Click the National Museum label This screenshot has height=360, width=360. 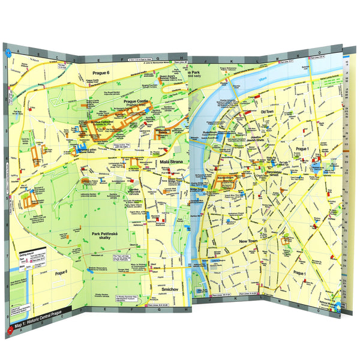328,304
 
